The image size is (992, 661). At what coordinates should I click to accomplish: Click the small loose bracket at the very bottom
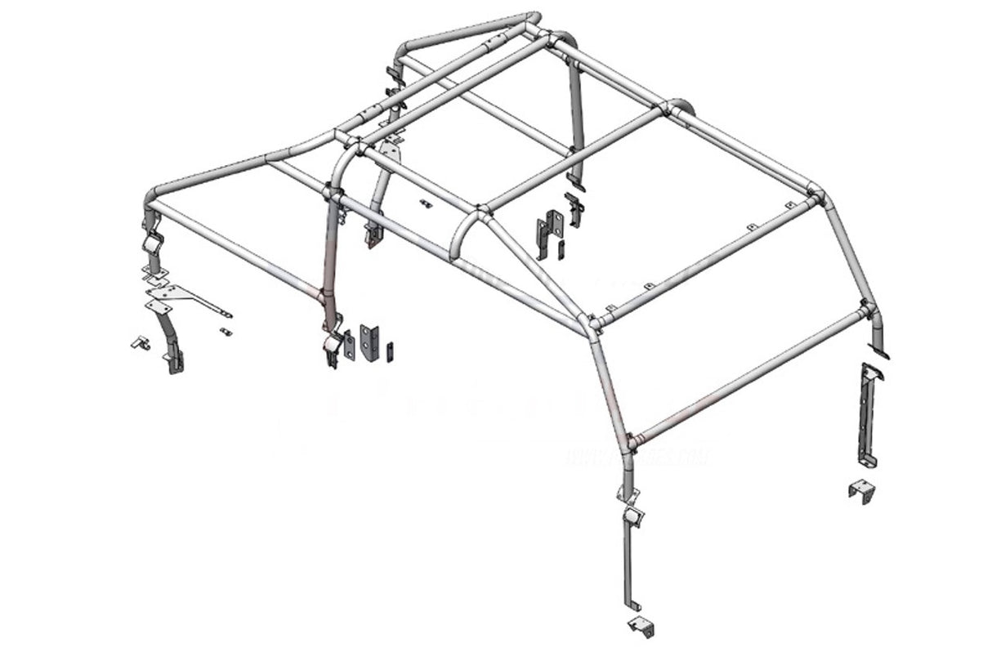641,627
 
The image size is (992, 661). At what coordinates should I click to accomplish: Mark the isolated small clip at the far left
140,342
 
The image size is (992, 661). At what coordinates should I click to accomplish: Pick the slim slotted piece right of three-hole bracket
391,350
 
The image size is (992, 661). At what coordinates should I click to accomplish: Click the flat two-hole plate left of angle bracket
350,345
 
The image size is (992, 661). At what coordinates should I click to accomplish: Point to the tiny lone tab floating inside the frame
424,203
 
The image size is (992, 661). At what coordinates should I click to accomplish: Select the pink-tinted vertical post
330,261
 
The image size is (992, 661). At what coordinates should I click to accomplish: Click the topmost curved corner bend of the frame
534,16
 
